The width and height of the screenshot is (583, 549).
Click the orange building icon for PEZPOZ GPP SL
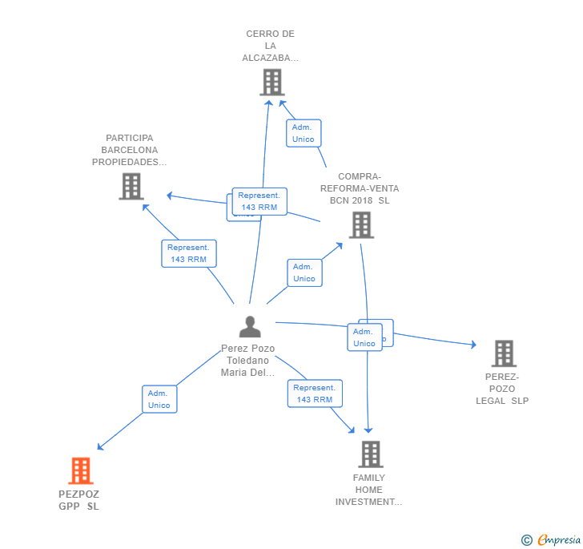click(x=80, y=470)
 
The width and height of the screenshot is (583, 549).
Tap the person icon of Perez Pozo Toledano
click(x=250, y=327)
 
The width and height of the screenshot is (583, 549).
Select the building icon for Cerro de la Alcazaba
click(x=272, y=82)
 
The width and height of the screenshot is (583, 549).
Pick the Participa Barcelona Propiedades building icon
click(x=131, y=186)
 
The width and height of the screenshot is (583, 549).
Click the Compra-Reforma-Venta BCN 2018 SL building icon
click(x=361, y=224)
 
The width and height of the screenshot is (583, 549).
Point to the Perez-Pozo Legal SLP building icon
click(x=503, y=353)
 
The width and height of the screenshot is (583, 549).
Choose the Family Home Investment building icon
click(x=370, y=454)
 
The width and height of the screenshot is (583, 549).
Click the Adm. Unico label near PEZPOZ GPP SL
click(x=159, y=399)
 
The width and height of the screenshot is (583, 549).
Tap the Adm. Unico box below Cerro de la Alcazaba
click(x=304, y=133)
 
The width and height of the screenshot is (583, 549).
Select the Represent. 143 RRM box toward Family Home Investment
click(x=315, y=394)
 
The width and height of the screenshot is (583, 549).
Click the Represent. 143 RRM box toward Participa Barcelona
click(x=189, y=253)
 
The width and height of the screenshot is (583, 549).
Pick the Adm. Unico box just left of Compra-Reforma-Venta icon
click(x=304, y=272)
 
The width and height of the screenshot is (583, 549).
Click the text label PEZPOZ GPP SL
click(x=78, y=500)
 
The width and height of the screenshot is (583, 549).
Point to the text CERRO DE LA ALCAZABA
click(x=271, y=46)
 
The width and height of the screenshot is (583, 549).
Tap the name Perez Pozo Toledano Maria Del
click(x=248, y=361)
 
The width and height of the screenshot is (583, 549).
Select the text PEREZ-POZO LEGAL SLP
click(x=502, y=389)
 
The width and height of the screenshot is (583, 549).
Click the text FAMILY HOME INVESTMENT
click(x=368, y=490)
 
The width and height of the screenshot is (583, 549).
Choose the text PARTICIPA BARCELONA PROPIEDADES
click(x=130, y=150)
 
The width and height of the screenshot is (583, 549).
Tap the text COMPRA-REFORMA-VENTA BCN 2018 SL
click(x=360, y=188)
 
